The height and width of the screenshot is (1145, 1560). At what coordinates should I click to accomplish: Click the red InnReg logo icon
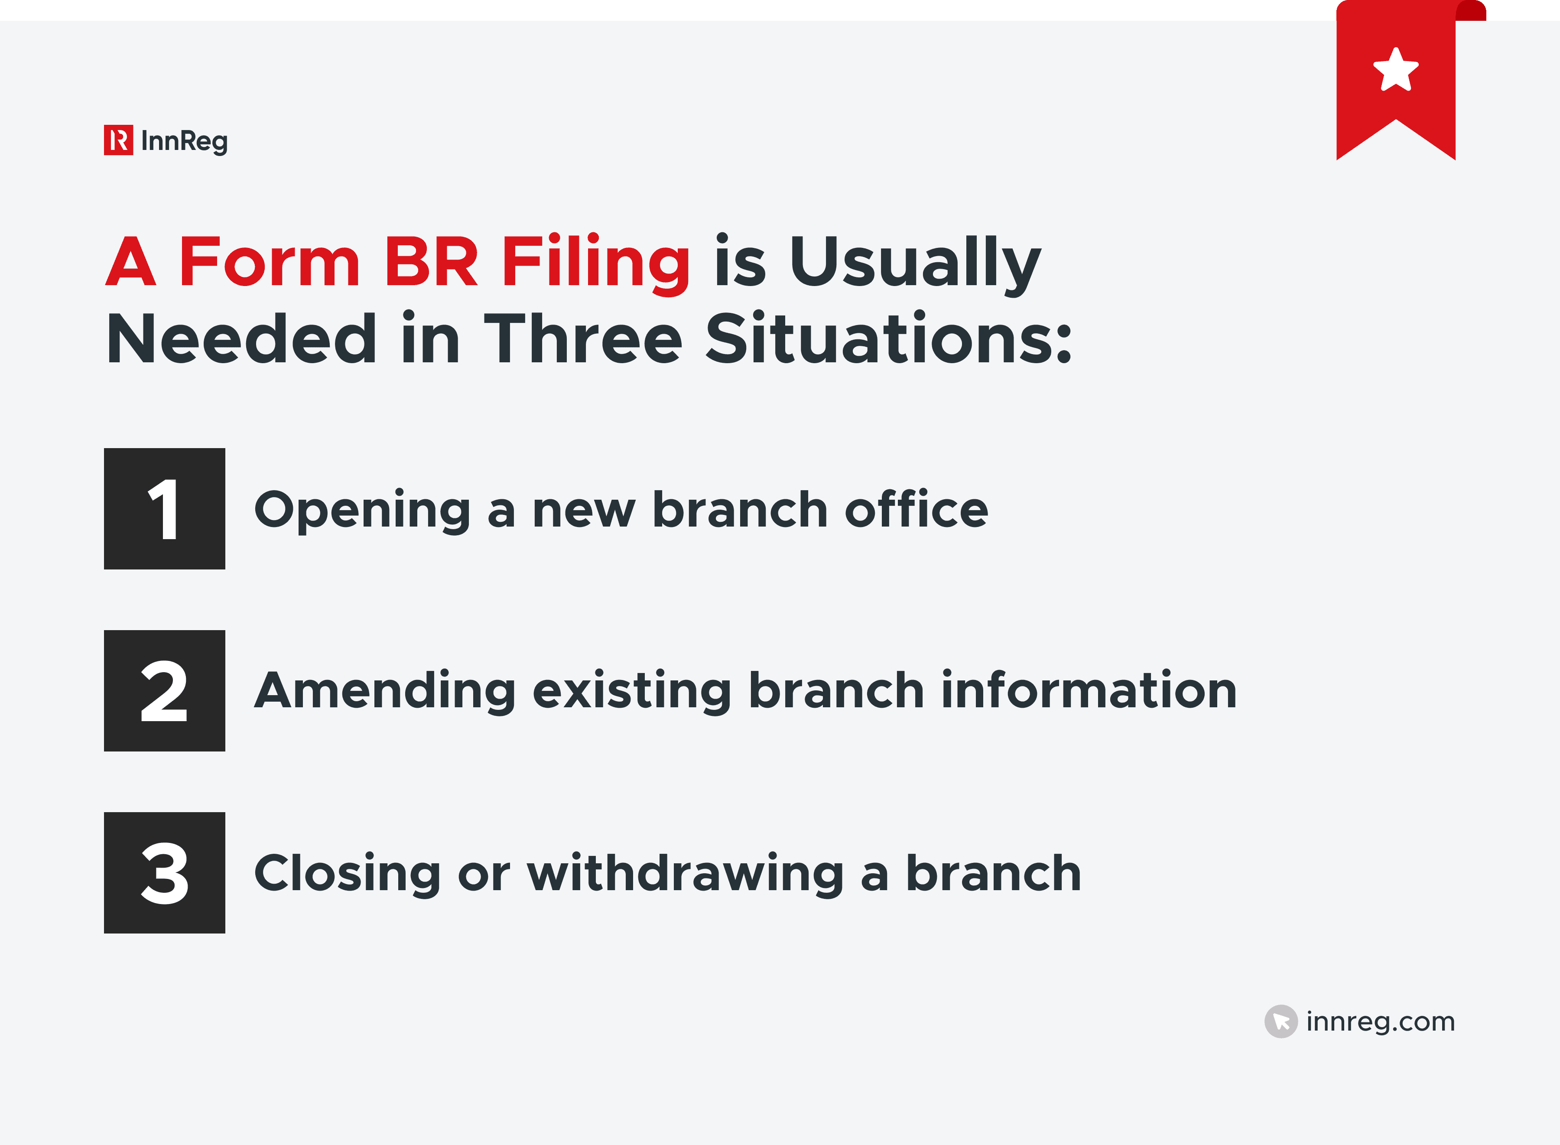tap(118, 140)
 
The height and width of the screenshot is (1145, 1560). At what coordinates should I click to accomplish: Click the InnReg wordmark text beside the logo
tap(184, 141)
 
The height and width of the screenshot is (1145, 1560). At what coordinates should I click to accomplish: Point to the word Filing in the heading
tap(595, 263)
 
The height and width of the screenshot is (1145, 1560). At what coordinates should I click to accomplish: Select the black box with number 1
tap(164, 509)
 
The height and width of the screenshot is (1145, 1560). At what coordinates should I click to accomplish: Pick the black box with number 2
tap(164, 690)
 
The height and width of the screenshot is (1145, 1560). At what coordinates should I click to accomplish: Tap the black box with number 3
tap(164, 872)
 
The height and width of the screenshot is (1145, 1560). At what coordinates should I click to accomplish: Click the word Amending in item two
tap(385, 692)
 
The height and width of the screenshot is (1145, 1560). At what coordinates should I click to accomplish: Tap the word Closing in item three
tap(347, 875)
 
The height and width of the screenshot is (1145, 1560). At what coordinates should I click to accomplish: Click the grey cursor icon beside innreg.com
tap(1280, 1021)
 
